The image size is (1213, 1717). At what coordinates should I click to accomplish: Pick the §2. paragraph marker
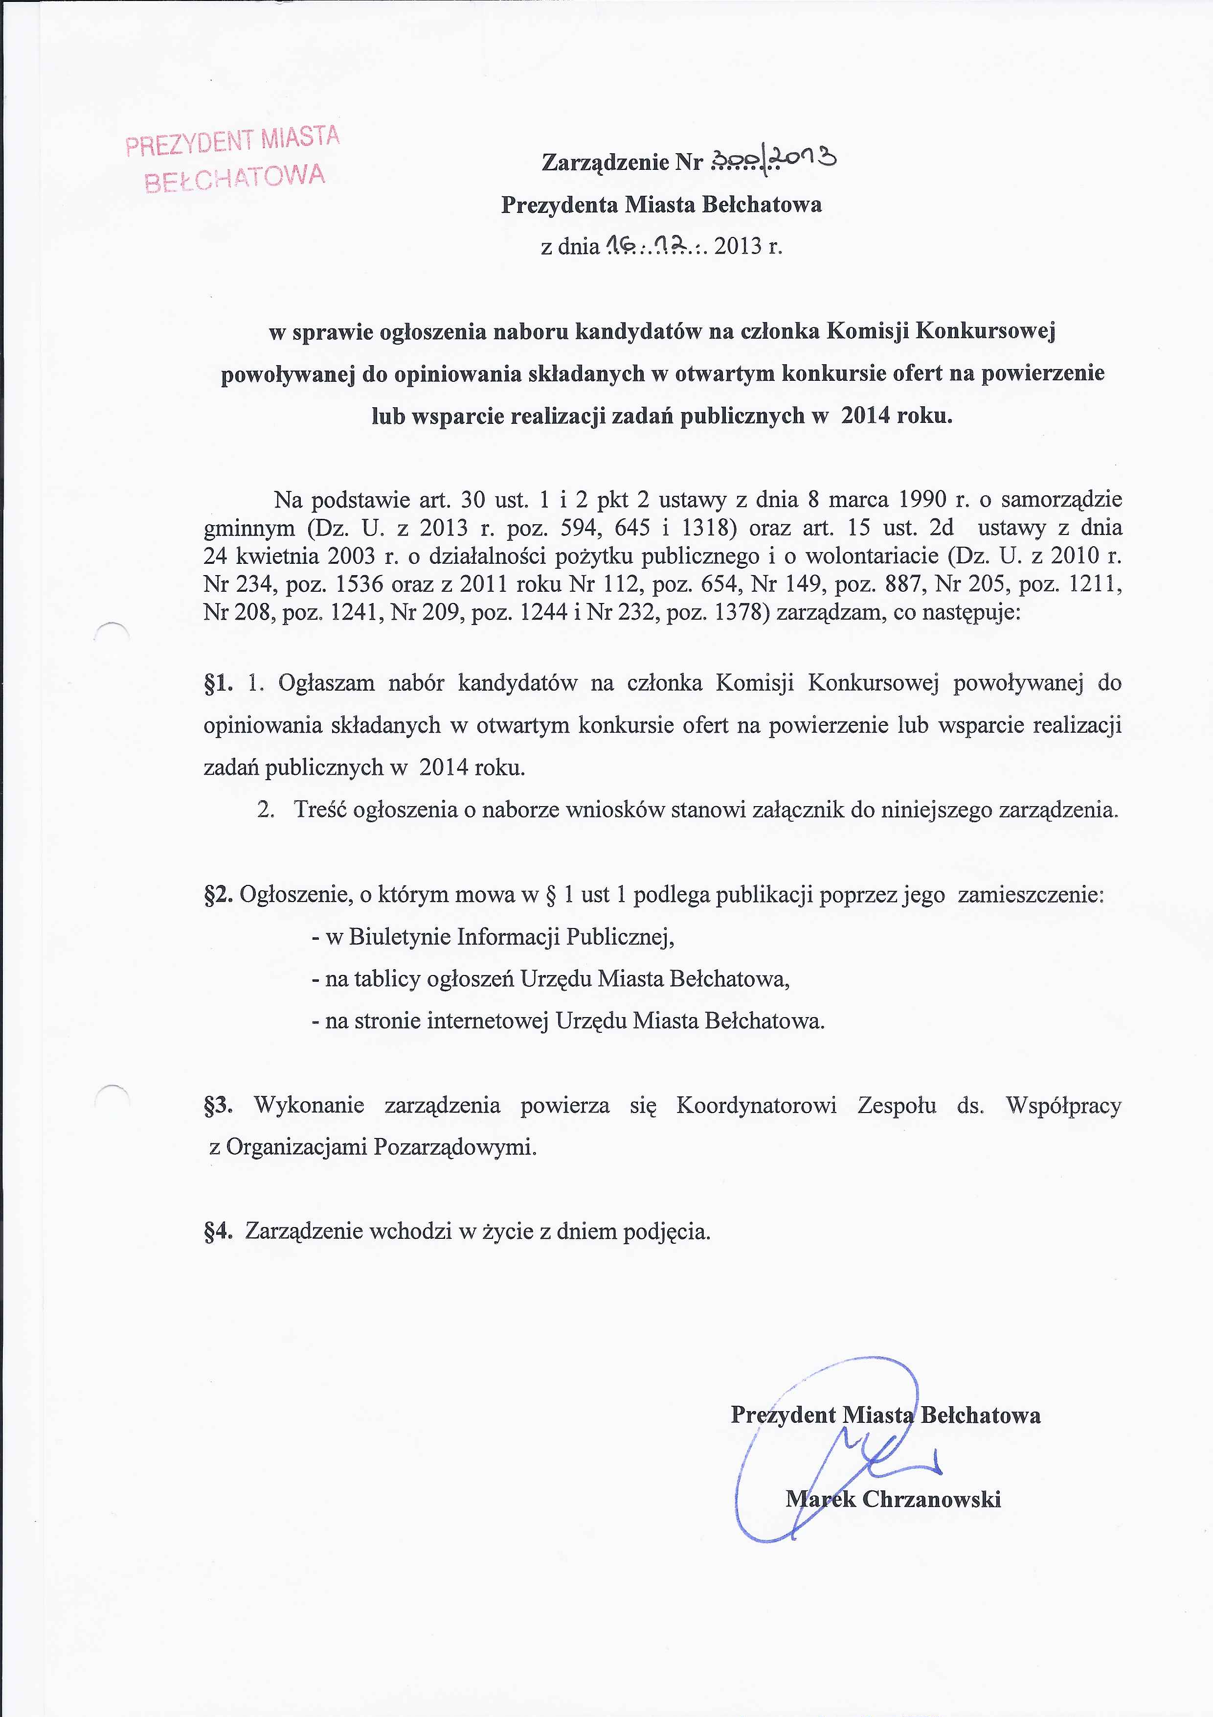pos(219,895)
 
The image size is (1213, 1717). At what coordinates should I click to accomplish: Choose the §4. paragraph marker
pos(219,1231)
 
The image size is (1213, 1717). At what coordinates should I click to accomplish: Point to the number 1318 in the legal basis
pos(703,528)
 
